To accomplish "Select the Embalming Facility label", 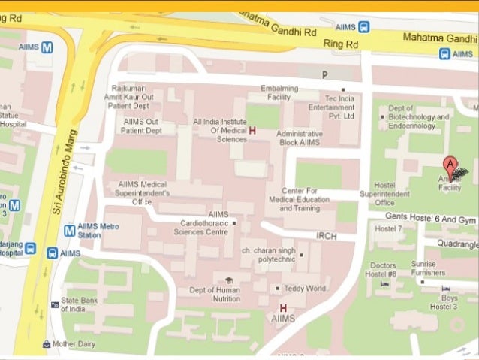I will click(x=279, y=92).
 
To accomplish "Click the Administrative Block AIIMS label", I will click(x=300, y=138).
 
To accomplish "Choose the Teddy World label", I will click(x=305, y=288).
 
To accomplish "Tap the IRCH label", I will click(x=326, y=235).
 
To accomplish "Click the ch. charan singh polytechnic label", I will click(x=265, y=254).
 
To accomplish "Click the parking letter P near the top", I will click(x=325, y=74).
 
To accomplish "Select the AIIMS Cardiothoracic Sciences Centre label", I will click(x=206, y=223).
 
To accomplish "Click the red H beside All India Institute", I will click(x=252, y=131).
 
